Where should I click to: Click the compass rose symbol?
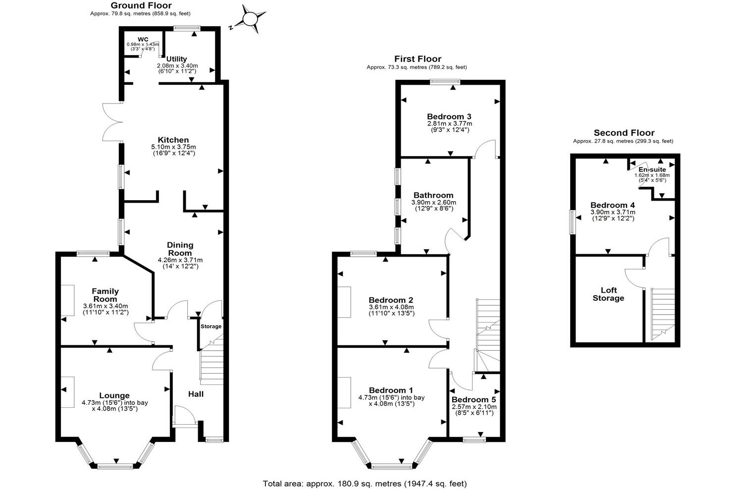click(249, 19)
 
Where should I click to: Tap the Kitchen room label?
click(173, 140)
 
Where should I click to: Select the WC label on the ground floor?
click(143, 39)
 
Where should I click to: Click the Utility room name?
click(176, 59)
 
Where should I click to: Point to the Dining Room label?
click(180, 249)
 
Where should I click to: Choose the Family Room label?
click(105, 295)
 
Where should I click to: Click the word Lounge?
click(114, 395)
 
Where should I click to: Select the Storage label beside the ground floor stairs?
click(211, 326)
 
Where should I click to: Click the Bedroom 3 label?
click(449, 116)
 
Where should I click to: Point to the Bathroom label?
click(433, 195)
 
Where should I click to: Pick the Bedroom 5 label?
click(474, 399)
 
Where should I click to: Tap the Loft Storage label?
click(608, 294)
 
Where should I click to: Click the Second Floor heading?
click(624, 133)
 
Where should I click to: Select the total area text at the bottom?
click(364, 483)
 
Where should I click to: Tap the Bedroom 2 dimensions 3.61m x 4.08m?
click(391, 307)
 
